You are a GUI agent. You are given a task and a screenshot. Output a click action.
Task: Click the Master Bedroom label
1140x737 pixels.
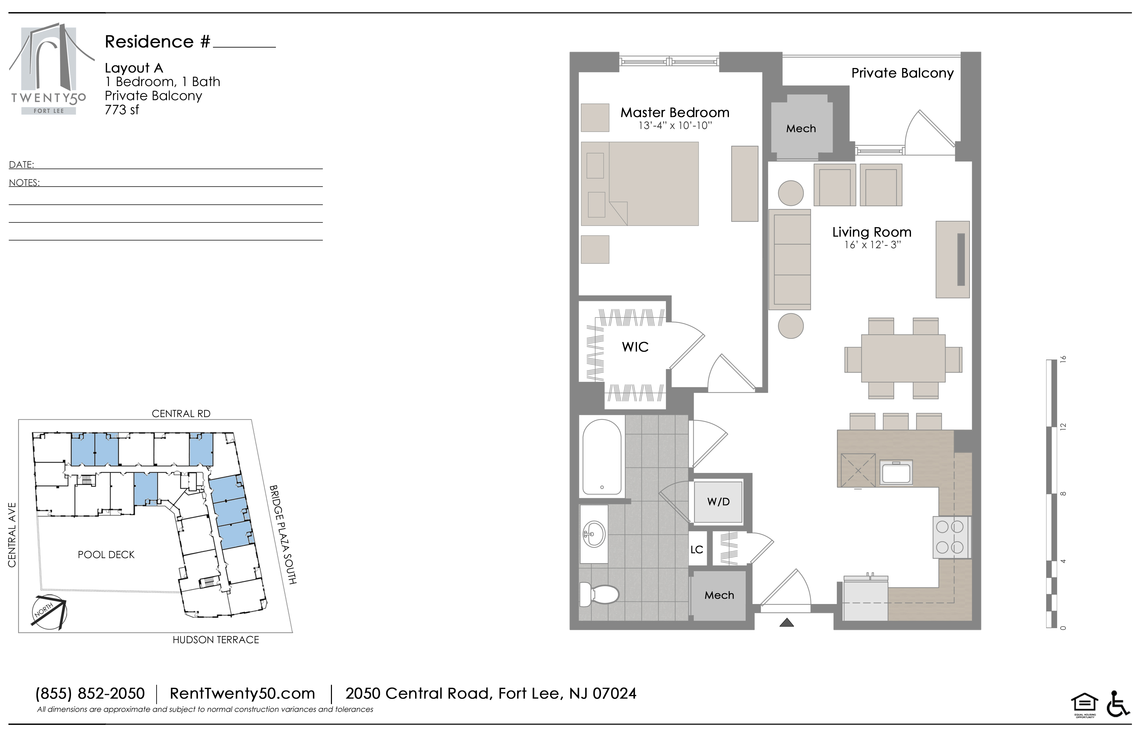point(675,113)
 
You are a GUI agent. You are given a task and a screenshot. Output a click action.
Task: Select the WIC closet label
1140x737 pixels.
point(635,347)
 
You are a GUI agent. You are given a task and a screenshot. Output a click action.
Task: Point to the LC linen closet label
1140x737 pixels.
point(696,549)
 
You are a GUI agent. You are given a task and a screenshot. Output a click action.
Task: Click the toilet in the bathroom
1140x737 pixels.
point(599,594)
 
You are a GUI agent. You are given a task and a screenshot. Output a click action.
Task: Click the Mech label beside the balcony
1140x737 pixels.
point(801,128)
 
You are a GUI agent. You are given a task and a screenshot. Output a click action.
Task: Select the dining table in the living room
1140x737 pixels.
point(903,358)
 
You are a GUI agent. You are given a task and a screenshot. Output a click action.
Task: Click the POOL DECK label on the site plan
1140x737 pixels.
point(106,555)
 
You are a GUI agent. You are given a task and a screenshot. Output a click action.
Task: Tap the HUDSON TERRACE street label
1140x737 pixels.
point(216,640)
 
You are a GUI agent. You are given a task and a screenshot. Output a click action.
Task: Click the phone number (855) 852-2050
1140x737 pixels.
point(90,693)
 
